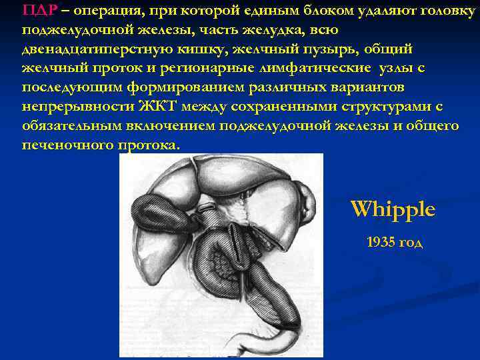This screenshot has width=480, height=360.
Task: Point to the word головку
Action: pos(437,11)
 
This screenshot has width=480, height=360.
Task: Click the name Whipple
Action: pos(393,209)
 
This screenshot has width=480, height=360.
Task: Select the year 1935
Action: pos(380,242)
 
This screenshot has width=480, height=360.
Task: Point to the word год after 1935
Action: pos(410,242)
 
